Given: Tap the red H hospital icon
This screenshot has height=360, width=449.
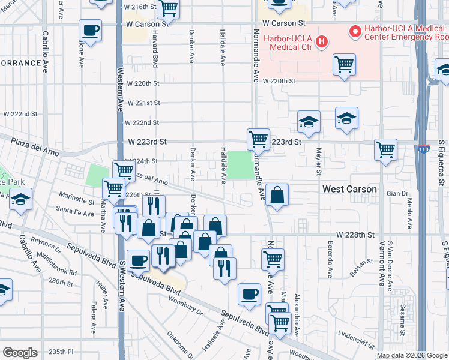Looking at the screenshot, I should click(322, 41).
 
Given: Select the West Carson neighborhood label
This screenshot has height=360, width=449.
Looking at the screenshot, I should click(349, 189).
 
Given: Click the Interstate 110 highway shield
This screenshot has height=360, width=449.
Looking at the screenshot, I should click(424, 149).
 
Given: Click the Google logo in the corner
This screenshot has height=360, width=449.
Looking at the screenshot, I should click(20, 352).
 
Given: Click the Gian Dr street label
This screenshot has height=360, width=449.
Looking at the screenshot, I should click(397, 193).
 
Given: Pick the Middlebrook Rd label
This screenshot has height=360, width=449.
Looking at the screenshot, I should click(56, 263).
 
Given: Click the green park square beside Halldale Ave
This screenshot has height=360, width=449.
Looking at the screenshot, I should click(239, 165).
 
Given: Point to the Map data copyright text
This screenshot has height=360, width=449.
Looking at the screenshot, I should click(412, 355).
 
